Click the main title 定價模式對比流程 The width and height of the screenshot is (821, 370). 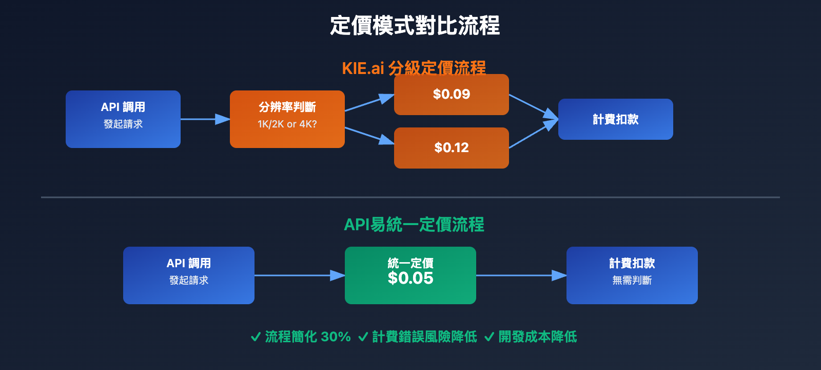pyautogui.click(x=415, y=26)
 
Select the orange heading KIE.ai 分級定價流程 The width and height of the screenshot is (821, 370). pyautogui.click(x=414, y=68)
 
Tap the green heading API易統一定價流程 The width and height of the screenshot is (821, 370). pyautogui.click(x=414, y=225)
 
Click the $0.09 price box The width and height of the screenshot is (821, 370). pyautogui.click(x=451, y=95)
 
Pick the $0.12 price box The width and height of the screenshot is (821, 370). pyautogui.click(x=451, y=148)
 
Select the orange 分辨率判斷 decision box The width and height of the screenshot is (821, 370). pyautogui.click(x=287, y=119)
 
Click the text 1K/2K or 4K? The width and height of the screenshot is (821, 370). pyautogui.click(x=287, y=124)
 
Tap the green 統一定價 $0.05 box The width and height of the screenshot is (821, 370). pyautogui.click(x=410, y=275)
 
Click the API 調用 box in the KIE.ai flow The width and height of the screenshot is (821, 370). pyautogui.click(x=123, y=119)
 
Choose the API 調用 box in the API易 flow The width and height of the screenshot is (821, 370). pyautogui.click(x=188, y=275)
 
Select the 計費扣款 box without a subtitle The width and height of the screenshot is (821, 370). pyautogui.click(x=615, y=119)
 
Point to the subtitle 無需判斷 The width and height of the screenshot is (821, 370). pyautogui.click(x=632, y=281)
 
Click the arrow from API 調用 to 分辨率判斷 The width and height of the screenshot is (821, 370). pyautogui.click(x=205, y=119)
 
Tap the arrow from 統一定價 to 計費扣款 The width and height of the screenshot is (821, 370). pyautogui.click(x=521, y=275)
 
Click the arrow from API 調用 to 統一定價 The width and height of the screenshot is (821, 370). pyautogui.click(x=299, y=275)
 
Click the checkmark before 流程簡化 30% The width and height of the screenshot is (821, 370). pyautogui.click(x=256, y=337)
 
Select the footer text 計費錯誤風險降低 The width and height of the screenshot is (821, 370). pyautogui.click(x=424, y=337)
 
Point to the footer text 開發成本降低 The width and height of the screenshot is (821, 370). pyautogui.click(x=537, y=337)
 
